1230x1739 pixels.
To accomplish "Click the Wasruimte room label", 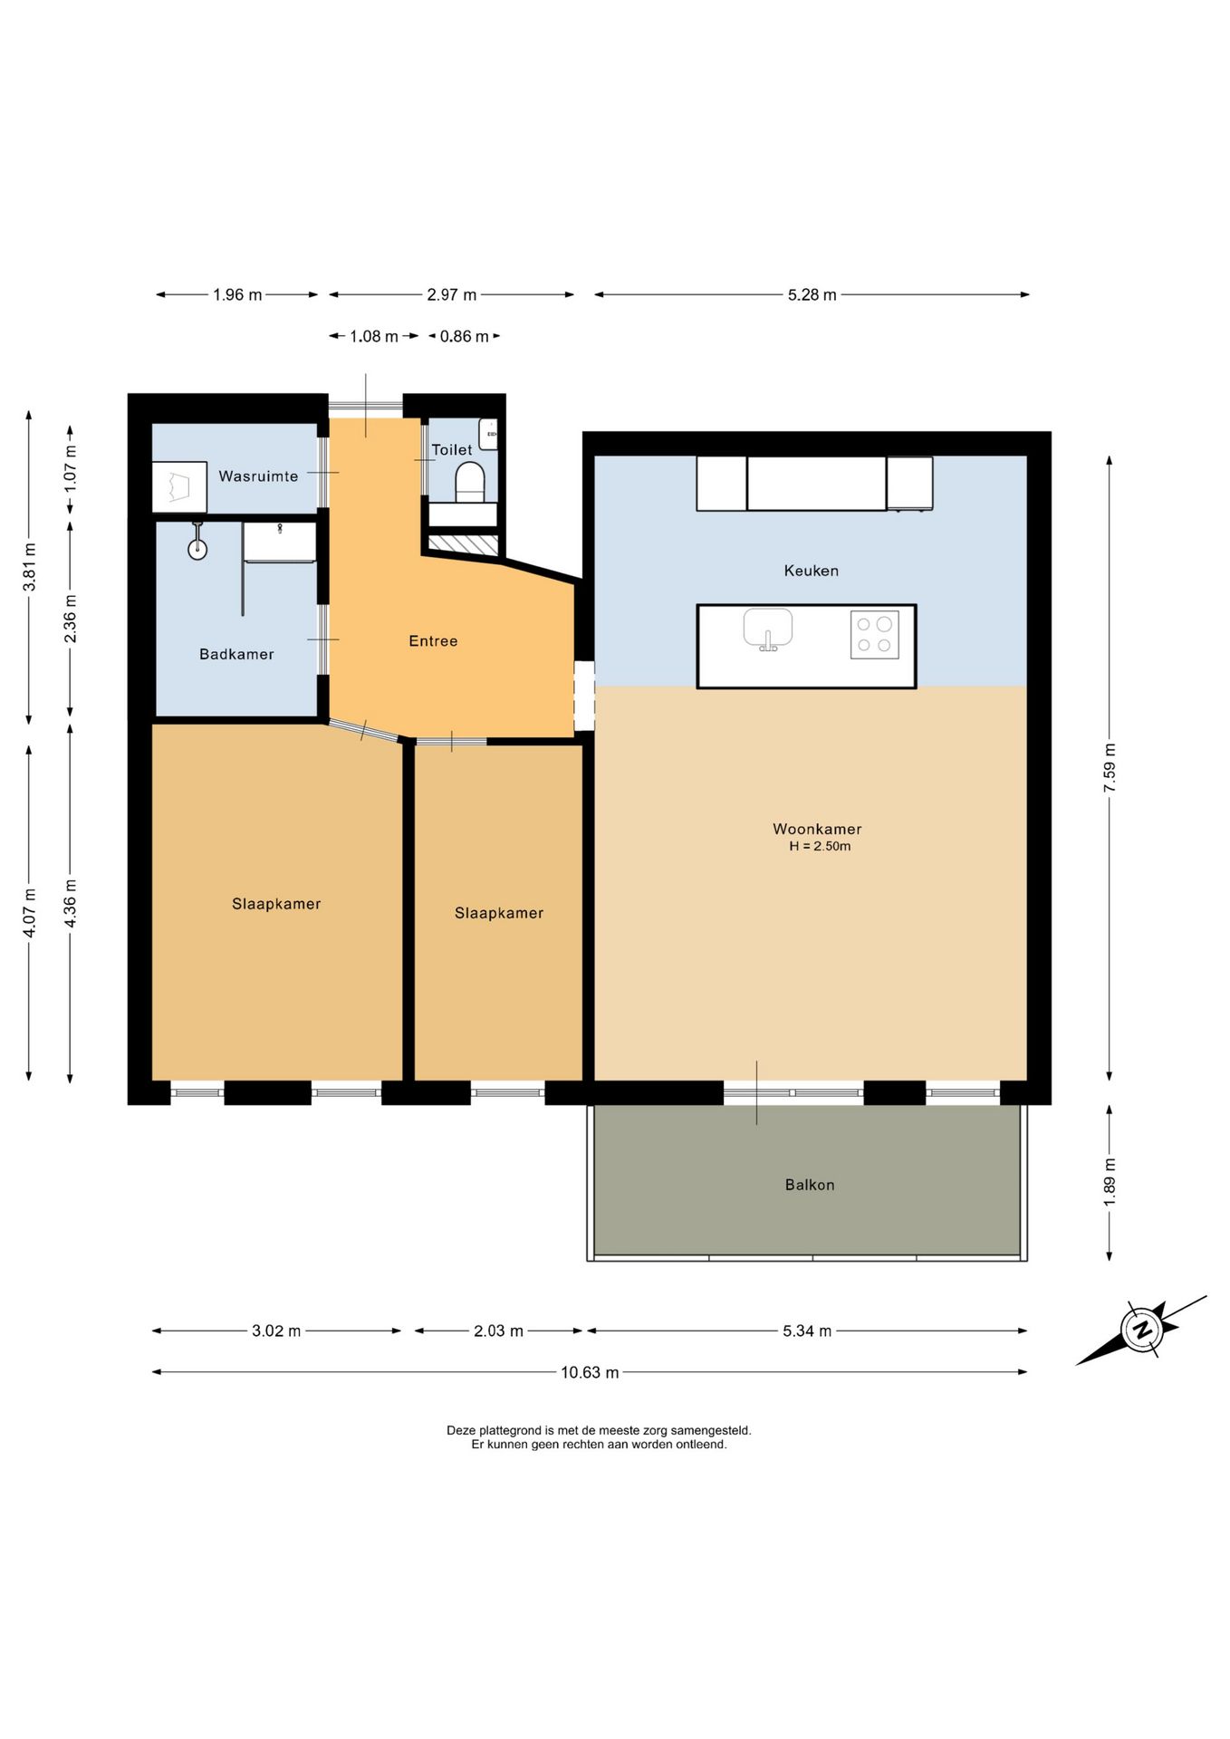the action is coord(258,476).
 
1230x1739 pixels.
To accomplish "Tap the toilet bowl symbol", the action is coord(469,482).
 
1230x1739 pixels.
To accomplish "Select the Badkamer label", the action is coord(236,654).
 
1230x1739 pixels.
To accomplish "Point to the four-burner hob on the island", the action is coord(874,635).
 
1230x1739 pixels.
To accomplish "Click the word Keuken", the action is coord(812,571).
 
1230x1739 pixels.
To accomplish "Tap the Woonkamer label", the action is coord(817,829).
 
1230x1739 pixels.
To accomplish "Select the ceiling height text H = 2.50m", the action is coord(820,847).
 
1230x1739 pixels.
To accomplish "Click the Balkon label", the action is coord(810,1185).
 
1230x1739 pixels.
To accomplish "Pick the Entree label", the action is coord(433,641).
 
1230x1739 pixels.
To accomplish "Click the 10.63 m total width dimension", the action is coord(590,1372).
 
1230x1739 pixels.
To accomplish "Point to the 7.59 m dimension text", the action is coord(1110,768).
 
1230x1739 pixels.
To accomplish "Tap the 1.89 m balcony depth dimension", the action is coord(1110,1181).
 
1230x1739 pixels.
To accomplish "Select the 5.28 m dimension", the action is coord(812,294).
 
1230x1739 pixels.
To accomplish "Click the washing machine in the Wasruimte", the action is coord(179,487).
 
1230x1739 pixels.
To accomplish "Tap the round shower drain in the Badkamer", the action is coord(197,549).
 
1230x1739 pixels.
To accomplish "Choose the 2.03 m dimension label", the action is coord(498,1331).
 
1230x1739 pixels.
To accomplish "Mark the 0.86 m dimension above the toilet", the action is coord(464,337).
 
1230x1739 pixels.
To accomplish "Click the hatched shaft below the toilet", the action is coord(463,545).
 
